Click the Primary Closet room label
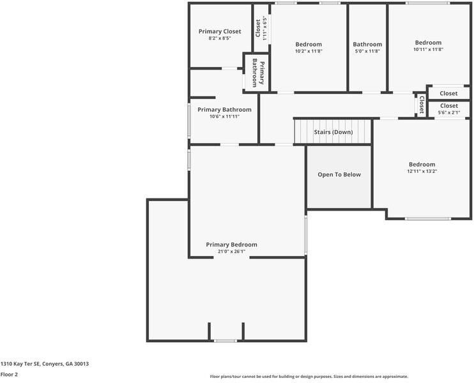(219, 31)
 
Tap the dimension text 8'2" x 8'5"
(219, 38)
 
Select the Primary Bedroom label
(231, 244)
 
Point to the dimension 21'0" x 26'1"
(231, 252)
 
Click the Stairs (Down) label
(333, 132)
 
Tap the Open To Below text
(339, 174)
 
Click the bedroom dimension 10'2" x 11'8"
(308, 51)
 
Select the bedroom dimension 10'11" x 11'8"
(427, 49)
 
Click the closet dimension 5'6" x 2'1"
(448, 113)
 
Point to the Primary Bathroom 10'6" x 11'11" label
(224, 113)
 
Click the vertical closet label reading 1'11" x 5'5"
(261, 27)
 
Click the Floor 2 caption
(9, 375)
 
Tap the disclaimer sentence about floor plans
(309, 377)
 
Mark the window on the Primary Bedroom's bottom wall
(226, 341)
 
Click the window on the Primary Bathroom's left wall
(188, 120)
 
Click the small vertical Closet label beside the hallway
(421, 104)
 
